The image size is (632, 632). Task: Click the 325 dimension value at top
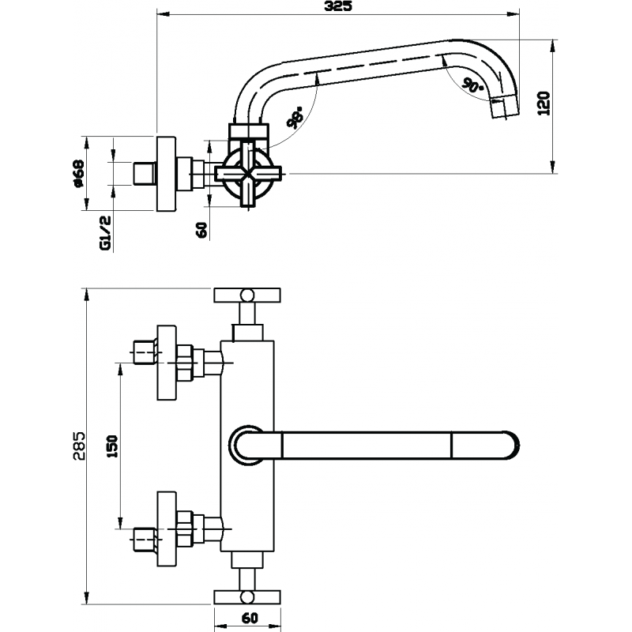pyautogui.click(x=338, y=6)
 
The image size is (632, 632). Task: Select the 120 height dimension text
pyautogui.click(x=544, y=103)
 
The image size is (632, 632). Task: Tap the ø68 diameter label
pyautogui.click(x=78, y=174)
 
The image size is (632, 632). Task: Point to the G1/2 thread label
pyautogui.click(x=105, y=232)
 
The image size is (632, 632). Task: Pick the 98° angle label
pyautogui.click(x=295, y=117)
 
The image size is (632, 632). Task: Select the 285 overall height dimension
pyautogui.click(x=79, y=446)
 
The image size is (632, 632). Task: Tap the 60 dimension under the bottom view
pyautogui.click(x=249, y=618)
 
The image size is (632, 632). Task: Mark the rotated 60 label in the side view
pyautogui.click(x=202, y=230)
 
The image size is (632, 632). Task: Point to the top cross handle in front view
pyautogui.click(x=247, y=295)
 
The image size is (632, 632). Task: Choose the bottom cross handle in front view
pyautogui.click(x=247, y=597)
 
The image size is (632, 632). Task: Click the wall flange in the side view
pyautogui.click(x=166, y=174)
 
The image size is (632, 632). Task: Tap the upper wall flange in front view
pyautogui.click(x=167, y=363)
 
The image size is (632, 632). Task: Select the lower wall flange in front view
pyautogui.click(x=167, y=529)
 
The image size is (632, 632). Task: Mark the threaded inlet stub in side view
pyautogui.click(x=145, y=174)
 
